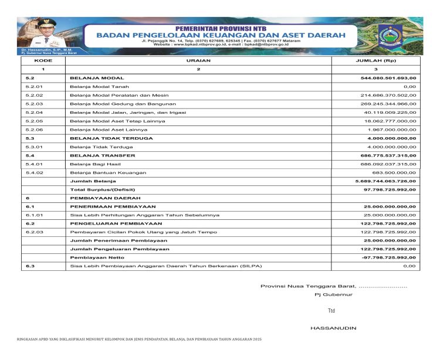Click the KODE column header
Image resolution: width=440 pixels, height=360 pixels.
[43, 60]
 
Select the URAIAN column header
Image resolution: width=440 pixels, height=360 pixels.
[198, 60]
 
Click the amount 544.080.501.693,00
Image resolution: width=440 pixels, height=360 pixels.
[388, 78]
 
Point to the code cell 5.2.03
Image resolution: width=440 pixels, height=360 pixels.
[35, 104]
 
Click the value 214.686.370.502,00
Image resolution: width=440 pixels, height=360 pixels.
[388, 95]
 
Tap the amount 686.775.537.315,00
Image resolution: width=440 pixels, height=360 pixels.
[388, 155]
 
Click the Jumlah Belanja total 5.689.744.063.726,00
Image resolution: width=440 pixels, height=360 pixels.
[387, 182]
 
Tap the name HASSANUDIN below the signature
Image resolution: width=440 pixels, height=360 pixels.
[333, 328]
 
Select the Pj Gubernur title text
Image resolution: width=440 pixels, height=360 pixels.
[333, 294]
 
